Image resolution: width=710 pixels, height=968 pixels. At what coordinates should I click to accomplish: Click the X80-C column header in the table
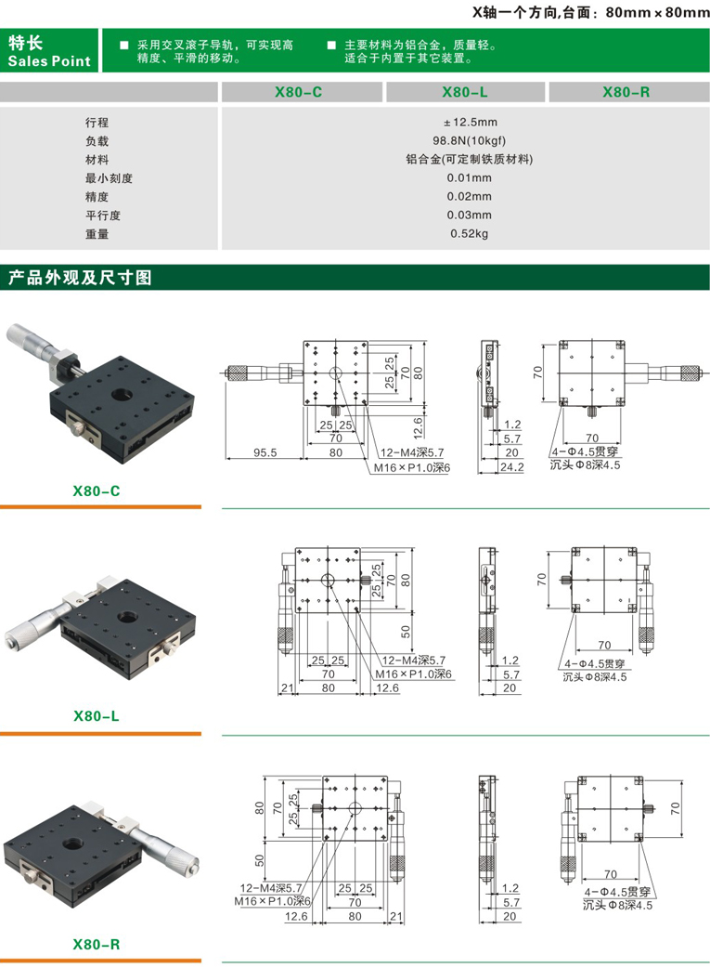(x=299, y=92)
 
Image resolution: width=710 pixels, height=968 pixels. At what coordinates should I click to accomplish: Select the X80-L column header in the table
(x=464, y=92)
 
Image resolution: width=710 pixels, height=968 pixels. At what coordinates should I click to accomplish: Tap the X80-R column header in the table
(x=626, y=92)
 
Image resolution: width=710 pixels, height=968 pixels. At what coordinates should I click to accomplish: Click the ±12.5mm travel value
(x=470, y=123)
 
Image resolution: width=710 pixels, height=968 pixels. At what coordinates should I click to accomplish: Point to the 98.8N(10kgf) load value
(x=469, y=141)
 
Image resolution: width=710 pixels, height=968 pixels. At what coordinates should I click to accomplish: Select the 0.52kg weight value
(x=469, y=233)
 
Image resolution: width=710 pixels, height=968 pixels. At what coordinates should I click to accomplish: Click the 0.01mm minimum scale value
(x=469, y=177)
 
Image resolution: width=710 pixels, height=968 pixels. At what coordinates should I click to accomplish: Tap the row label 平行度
(x=103, y=216)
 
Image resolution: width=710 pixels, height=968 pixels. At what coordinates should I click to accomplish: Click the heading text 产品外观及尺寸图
(x=80, y=278)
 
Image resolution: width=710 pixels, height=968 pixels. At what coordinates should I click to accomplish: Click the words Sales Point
(x=49, y=61)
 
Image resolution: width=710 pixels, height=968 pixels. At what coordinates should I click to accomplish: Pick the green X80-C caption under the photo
(x=97, y=491)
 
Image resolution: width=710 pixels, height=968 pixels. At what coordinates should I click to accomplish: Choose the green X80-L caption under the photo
(x=97, y=716)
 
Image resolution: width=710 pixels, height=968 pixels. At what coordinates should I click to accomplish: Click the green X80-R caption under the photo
(x=97, y=945)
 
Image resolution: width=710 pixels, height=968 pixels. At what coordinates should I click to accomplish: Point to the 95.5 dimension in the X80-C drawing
(x=265, y=452)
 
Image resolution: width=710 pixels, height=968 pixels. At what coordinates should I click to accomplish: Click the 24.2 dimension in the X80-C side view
(x=512, y=467)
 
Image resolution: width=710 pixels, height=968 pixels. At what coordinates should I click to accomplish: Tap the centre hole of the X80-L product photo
(x=128, y=617)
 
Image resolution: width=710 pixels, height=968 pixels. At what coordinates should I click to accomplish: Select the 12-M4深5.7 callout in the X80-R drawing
(x=271, y=888)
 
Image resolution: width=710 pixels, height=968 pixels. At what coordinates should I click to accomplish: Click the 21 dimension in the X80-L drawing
(x=287, y=687)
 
